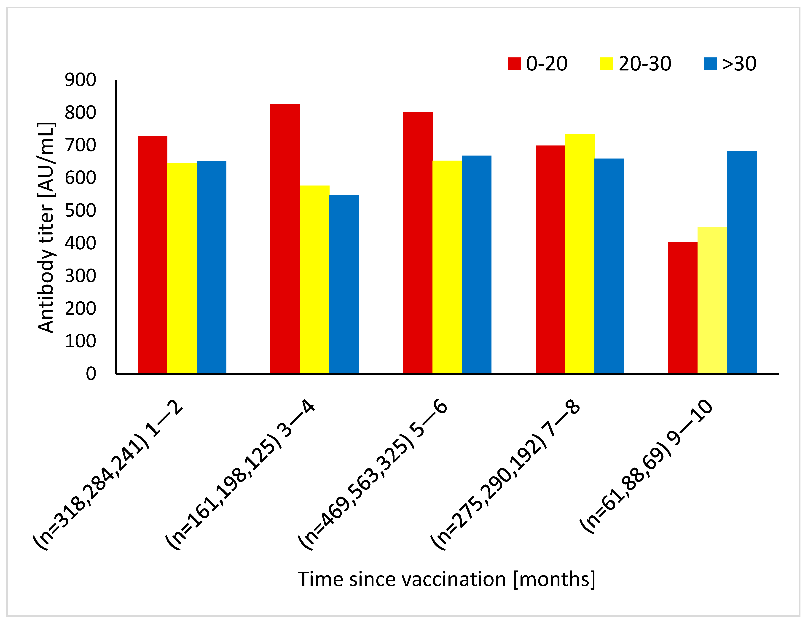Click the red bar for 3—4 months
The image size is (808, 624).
click(x=285, y=239)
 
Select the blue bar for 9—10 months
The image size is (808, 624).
click(x=741, y=262)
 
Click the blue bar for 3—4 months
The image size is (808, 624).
click(x=344, y=284)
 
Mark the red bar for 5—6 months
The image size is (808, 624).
click(x=417, y=242)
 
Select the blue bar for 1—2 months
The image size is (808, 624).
click(x=211, y=267)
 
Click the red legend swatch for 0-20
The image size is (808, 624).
click(x=514, y=64)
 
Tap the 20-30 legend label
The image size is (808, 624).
click(x=644, y=64)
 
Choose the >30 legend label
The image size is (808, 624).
click(x=739, y=64)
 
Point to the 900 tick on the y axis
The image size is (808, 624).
click(x=80, y=80)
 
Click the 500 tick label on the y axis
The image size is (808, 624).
click(x=80, y=211)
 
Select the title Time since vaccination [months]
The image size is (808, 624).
click(x=447, y=579)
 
